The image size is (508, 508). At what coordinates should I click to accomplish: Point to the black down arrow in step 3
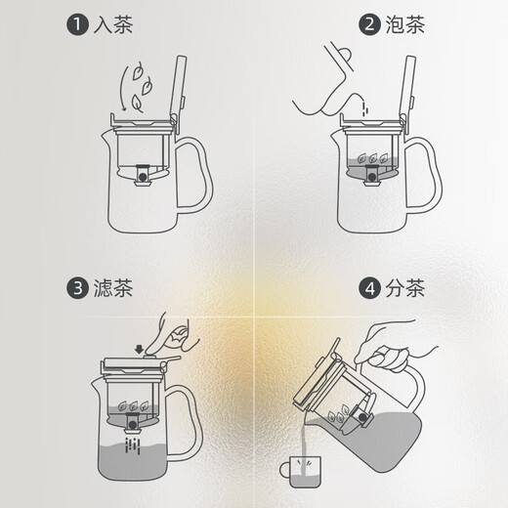tap(141, 345)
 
